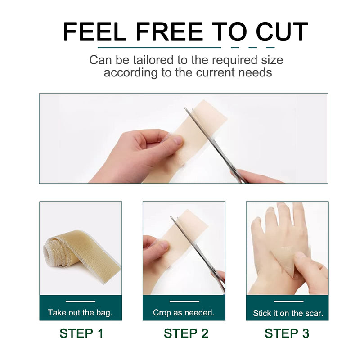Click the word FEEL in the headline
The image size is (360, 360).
click(88, 32)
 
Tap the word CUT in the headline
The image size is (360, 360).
click(282, 32)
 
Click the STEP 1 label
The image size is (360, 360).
click(81, 333)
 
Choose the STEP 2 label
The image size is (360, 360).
click(186, 333)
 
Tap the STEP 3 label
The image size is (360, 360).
click(287, 333)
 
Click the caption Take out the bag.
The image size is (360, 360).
click(80, 313)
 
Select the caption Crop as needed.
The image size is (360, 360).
click(184, 313)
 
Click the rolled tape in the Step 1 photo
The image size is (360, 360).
click(72, 254)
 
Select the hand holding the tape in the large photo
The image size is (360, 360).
click(135, 155)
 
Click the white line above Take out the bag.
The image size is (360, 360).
click(80, 301)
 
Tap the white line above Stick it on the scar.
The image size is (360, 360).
click(288, 301)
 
